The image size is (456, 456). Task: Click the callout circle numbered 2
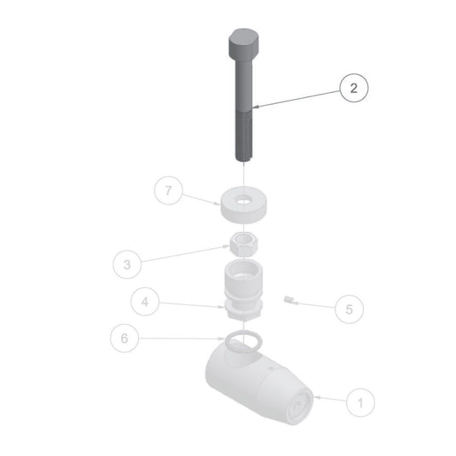point(354,88)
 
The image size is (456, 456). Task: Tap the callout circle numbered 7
point(169,190)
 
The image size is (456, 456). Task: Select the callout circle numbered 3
point(127,264)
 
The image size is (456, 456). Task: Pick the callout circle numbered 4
point(145,302)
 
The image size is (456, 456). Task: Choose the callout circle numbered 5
point(349,309)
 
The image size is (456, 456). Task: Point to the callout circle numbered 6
point(124,338)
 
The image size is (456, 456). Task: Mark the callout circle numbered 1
point(361,403)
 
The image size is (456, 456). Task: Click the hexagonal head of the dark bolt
point(244,43)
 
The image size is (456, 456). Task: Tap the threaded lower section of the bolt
point(244,136)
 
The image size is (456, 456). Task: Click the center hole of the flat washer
point(245,200)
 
